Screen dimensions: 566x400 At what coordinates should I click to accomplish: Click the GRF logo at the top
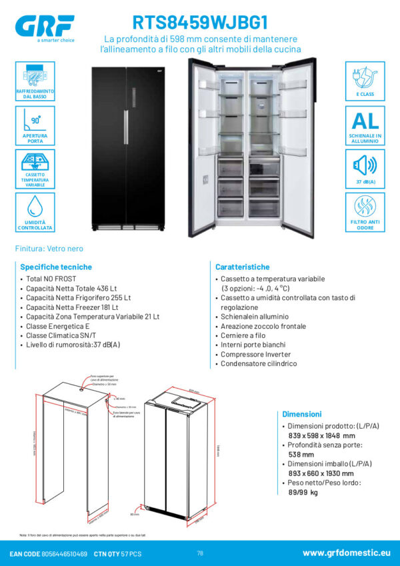tap(44, 27)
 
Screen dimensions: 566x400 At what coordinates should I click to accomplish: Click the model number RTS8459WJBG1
tap(199, 24)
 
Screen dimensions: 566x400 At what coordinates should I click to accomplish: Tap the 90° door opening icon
tap(35, 123)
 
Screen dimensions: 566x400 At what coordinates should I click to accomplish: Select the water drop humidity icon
tap(35, 207)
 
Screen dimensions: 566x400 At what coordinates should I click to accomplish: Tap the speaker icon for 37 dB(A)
tap(365, 165)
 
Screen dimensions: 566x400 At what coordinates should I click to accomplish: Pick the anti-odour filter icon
tap(365, 208)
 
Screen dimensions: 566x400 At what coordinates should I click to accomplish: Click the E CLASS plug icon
tap(365, 77)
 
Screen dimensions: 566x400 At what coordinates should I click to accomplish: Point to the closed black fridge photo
tap(127, 147)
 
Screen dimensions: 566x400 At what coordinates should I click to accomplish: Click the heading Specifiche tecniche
tap(56, 267)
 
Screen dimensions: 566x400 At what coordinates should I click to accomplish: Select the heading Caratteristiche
tap(243, 267)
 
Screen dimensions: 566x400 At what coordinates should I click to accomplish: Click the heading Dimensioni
tap(302, 414)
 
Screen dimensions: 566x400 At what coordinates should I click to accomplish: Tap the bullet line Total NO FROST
tap(51, 279)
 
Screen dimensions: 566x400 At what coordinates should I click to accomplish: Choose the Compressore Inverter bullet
tap(255, 355)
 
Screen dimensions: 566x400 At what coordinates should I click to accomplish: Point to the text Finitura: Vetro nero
tap(49, 249)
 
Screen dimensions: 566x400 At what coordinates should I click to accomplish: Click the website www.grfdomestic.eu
tap(345, 553)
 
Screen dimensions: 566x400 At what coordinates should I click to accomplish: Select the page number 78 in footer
tap(200, 553)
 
